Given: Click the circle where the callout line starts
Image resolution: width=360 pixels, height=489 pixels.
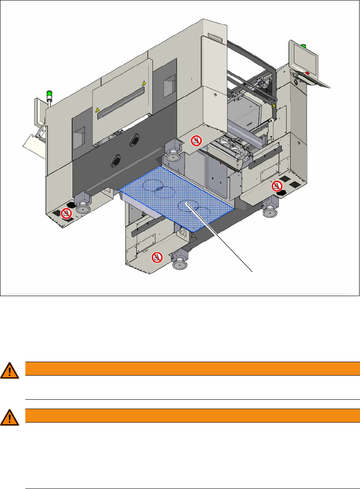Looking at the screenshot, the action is pos(187,205).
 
